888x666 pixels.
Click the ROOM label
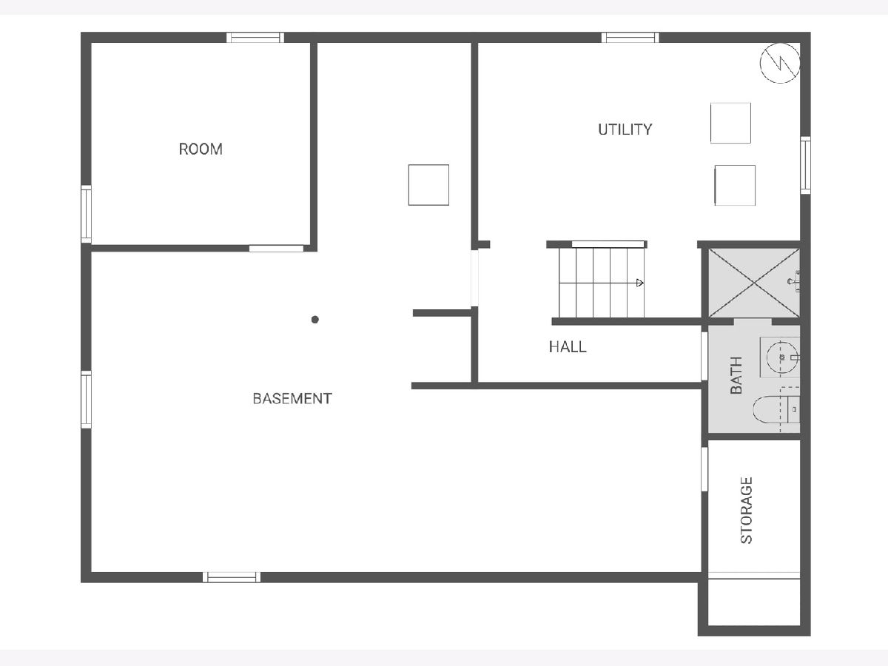[201, 149]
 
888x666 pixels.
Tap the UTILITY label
[625, 129]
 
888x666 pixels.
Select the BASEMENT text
[292, 399]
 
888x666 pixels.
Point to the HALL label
[568, 347]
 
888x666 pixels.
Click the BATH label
[736, 375]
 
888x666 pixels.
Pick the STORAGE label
[747, 511]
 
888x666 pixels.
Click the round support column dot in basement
[315, 320]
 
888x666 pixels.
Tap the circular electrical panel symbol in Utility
[779, 63]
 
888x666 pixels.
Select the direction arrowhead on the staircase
[639, 283]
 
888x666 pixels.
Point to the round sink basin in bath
[782, 357]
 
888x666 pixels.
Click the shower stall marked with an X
[754, 283]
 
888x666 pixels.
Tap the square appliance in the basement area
[428, 185]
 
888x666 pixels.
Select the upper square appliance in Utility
[730, 123]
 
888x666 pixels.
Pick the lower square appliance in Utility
[735, 185]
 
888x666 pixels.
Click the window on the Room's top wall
[255, 38]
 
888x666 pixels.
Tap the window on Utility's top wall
[630, 38]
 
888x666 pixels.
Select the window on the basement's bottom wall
[232, 577]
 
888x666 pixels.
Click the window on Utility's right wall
[805, 165]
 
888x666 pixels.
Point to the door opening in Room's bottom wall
[276, 249]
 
